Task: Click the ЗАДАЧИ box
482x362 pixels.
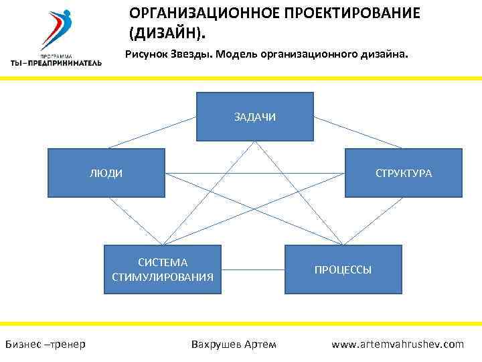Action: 254,117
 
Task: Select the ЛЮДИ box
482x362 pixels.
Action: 106,173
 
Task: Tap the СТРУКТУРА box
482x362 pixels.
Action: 403,173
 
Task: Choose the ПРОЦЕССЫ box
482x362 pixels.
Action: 343,269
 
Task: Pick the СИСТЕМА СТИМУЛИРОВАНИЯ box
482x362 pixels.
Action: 163,269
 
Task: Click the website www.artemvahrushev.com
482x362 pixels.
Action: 398,344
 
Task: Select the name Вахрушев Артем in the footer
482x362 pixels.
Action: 233,344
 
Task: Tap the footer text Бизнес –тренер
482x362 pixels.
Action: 45,344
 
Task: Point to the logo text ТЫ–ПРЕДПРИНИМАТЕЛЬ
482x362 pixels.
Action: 56,62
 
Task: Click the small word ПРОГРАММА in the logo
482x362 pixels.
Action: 56,55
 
